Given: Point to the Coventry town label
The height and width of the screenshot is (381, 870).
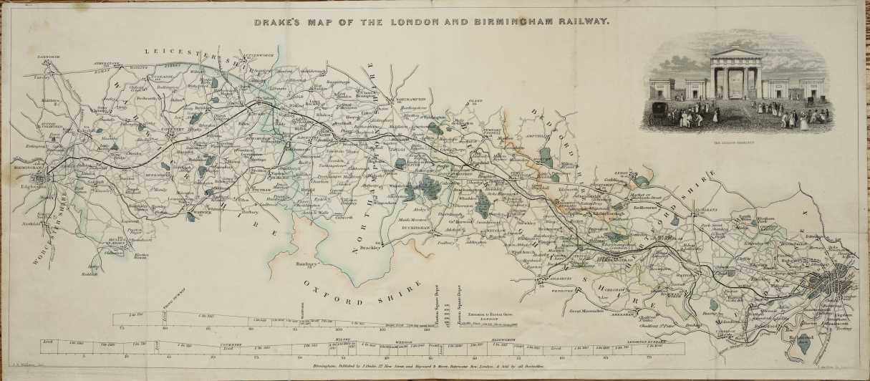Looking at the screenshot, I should [173, 130].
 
